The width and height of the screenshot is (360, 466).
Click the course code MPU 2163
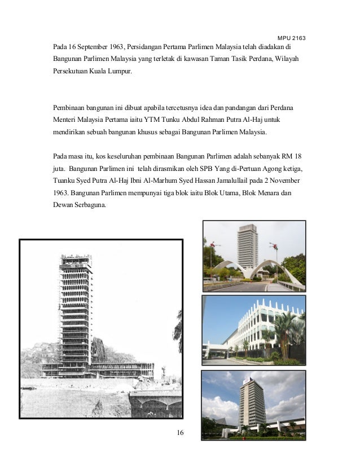click(291, 38)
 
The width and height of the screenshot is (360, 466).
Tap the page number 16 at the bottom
click(180, 432)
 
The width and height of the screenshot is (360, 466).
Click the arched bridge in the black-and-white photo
click(155, 402)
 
